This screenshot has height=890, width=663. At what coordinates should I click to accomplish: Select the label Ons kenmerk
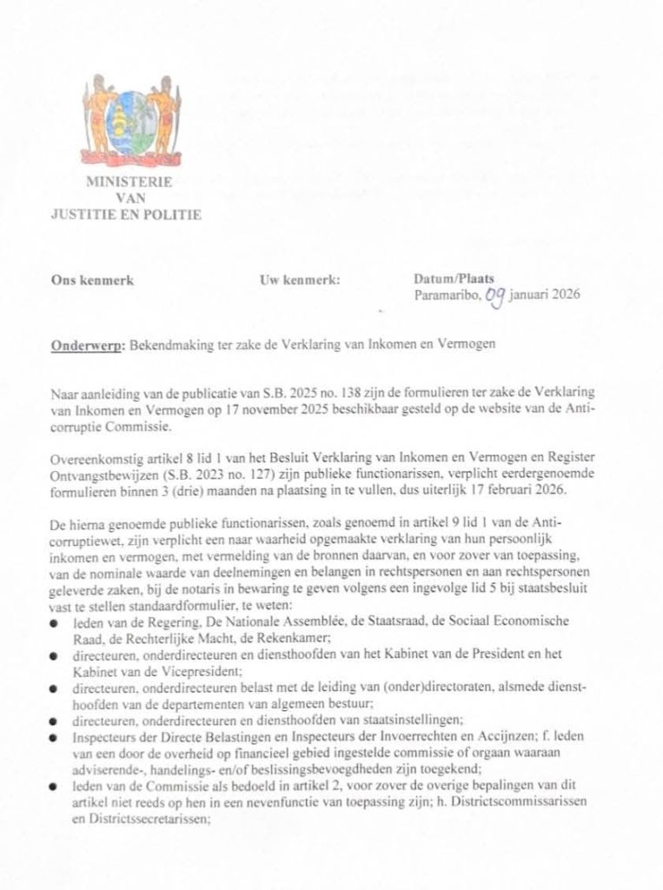click(x=92, y=281)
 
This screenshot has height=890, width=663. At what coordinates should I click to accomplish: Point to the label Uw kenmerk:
click(x=300, y=281)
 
